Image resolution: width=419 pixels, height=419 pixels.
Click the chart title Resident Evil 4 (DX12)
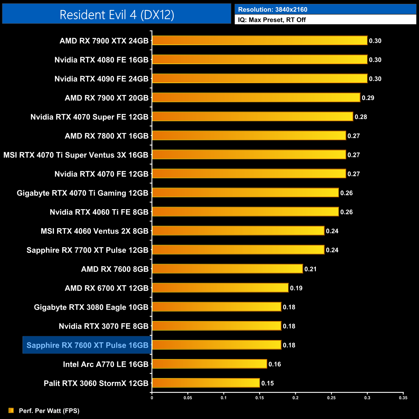tap(117, 15)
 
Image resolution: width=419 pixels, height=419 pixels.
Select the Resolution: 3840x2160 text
tap(272, 10)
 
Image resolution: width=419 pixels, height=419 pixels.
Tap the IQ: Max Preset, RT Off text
tap(272, 20)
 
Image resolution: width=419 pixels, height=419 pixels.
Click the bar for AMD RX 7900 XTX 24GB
tap(259, 41)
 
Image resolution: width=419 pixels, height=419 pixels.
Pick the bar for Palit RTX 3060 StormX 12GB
tap(206, 383)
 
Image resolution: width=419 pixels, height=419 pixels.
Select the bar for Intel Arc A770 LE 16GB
tap(209, 364)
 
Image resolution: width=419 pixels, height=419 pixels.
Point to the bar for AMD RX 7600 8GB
tap(227, 269)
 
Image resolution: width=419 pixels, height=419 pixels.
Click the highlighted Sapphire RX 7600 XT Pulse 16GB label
tap(87, 345)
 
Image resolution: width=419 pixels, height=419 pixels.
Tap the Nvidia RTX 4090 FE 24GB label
tap(101, 79)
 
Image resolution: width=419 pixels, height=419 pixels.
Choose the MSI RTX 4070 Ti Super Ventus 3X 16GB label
tap(76, 155)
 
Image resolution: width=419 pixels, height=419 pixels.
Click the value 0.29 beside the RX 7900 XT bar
tap(368, 98)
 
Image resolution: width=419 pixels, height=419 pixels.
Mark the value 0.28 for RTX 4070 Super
tap(361, 117)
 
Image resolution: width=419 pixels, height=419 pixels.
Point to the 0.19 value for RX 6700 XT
tap(296, 288)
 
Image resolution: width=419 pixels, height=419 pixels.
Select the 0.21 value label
tap(310, 269)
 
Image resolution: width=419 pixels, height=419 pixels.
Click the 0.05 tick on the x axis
tap(188, 398)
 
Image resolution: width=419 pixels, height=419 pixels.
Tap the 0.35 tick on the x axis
tap(403, 398)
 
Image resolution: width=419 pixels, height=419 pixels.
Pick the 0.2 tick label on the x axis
tap(296, 398)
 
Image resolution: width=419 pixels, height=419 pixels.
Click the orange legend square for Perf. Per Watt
tap(11, 410)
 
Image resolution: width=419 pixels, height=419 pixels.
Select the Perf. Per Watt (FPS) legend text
tap(49, 411)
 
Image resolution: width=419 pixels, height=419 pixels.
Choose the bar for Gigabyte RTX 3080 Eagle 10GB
tap(217, 307)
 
